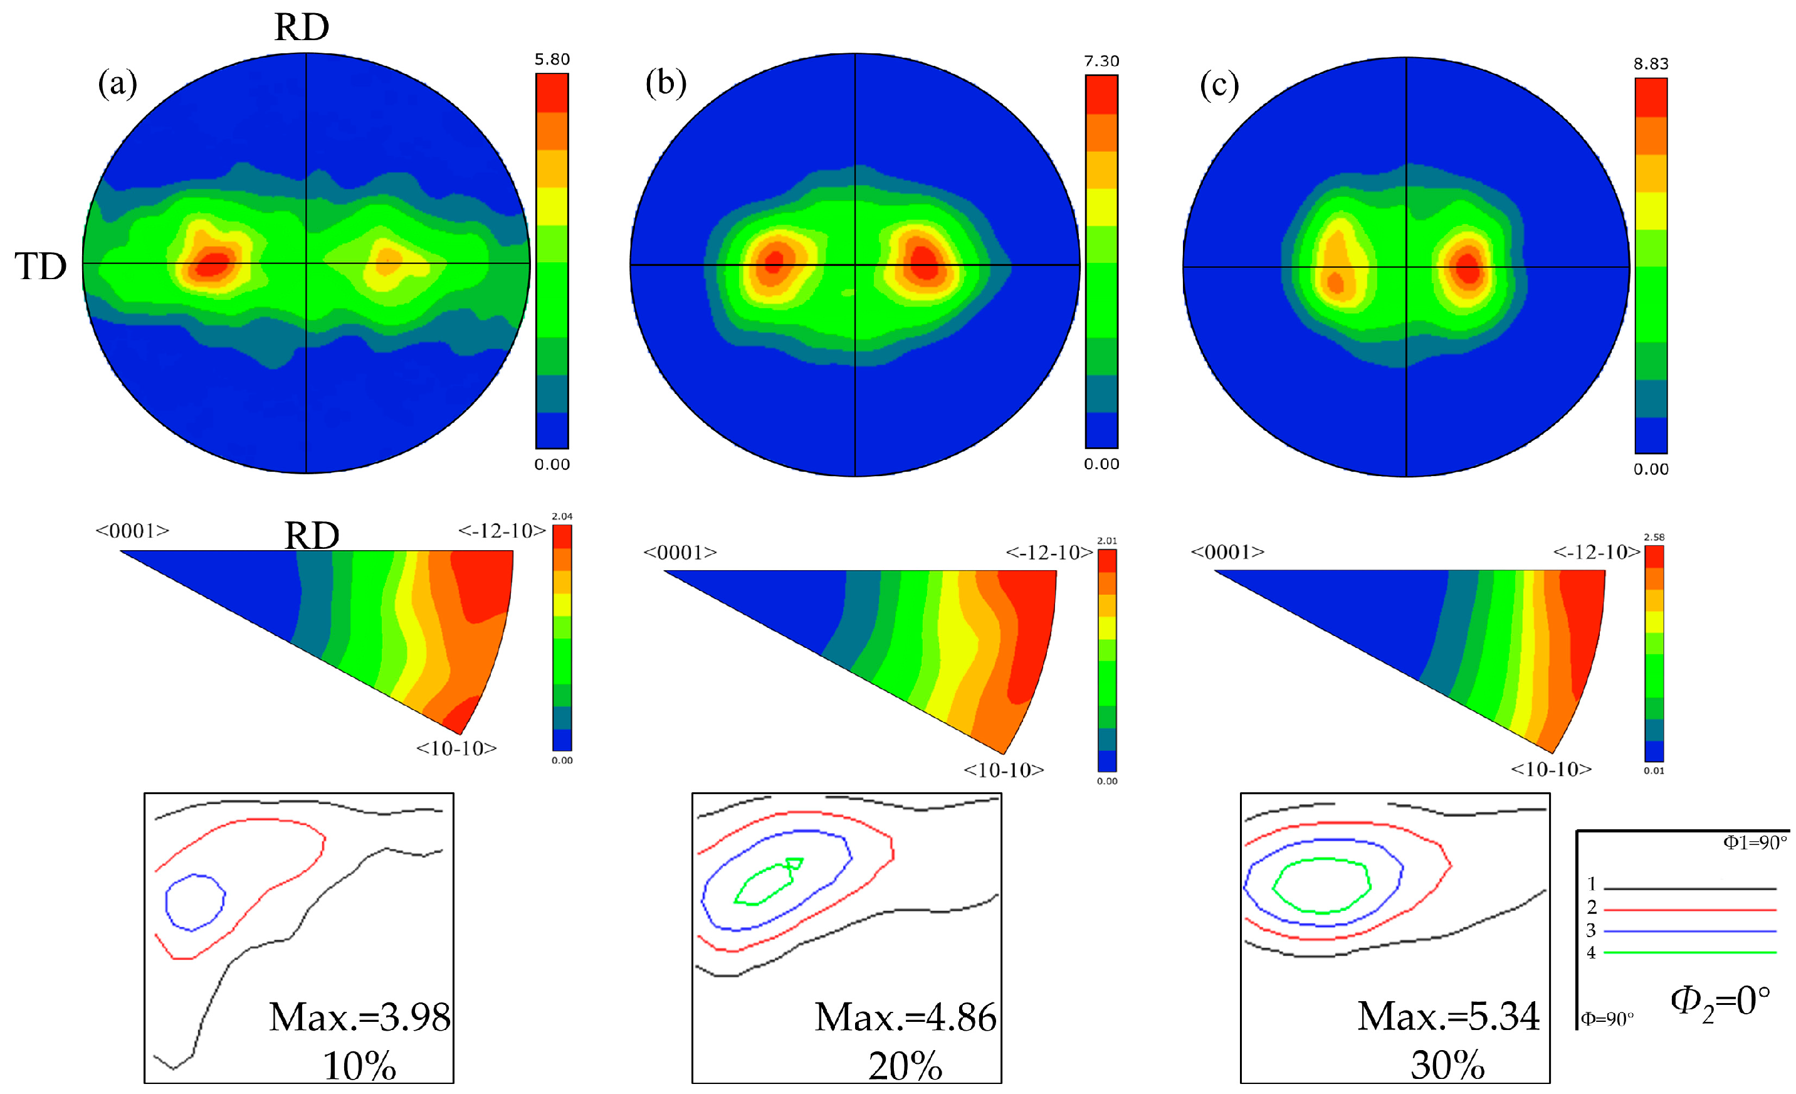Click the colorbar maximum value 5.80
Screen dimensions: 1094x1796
(552, 59)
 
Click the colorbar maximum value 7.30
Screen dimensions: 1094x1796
(1101, 61)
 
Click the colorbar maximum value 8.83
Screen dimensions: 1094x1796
(1650, 63)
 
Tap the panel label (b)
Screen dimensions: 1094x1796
(666, 82)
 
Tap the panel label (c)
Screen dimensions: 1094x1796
(1219, 85)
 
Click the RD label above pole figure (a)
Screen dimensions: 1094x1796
(302, 28)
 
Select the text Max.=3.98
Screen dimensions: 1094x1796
(359, 1017)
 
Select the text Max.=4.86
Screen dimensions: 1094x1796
(905, 1017)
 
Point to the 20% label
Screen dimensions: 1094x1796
(905, 1066)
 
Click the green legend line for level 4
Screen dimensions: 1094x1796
(1689, 952)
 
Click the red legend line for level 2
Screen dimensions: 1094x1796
(1689, 910)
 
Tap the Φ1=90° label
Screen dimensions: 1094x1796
(1755, 843)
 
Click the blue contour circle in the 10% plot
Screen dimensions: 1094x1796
(167, 902)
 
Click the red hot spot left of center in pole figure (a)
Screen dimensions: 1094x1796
(213, 264)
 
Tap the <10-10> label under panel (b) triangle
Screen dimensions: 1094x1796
(1003, 770)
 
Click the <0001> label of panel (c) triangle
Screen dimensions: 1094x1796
(1227, 552)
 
